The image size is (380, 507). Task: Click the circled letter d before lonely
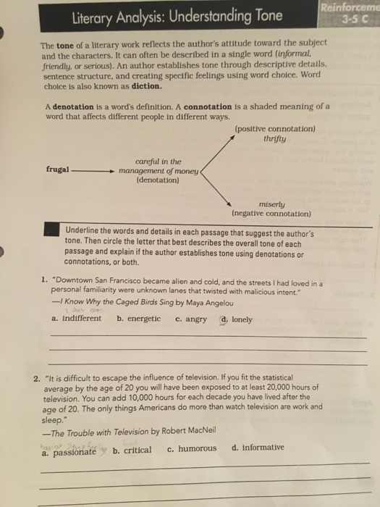pyautogui.click(x=225, y=318)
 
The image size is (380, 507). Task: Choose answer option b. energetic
pyautogui.click(x=139, y=318)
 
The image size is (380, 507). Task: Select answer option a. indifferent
pyautogui.click(x=77, y=318)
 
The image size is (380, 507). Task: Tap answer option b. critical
pyautogui.click(x=132, y=450)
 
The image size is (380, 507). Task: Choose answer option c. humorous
pyautogui.click(x=192, y=448)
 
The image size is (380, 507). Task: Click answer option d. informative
pyautogui.click(x=258, y=448)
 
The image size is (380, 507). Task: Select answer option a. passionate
pyautogui.click(x=69, y=451)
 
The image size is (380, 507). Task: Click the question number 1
pyautogui.click(x=45, y=277)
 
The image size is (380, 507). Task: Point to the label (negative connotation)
pyautogui.click(x=271, y=214)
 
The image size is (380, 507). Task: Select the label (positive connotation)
pyautogui.click(x=276, y=129)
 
